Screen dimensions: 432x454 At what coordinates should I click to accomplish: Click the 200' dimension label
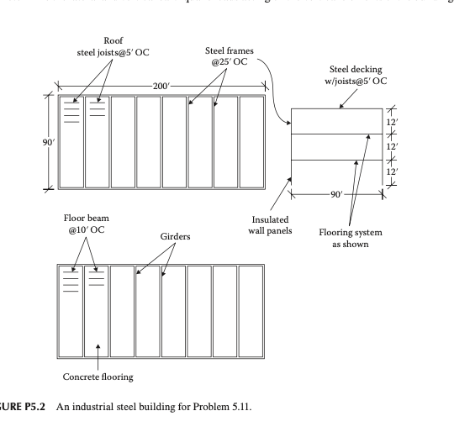[x=160, y=87]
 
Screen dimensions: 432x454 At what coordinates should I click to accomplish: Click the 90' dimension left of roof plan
[x=34, y=140]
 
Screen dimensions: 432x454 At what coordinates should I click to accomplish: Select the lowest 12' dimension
[x=394, y=172]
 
